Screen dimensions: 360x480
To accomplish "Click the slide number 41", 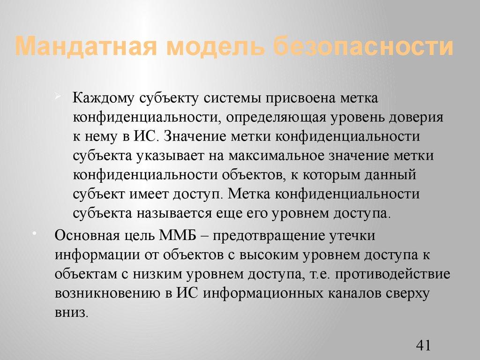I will click(x=423, y=346).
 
